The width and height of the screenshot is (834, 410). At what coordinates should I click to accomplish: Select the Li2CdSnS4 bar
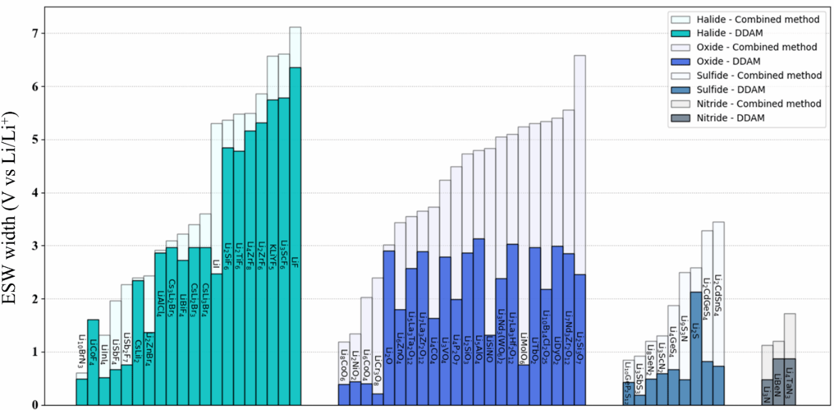[x=718, y=385]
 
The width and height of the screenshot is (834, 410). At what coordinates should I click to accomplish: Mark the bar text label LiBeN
[x=778, y=384]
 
